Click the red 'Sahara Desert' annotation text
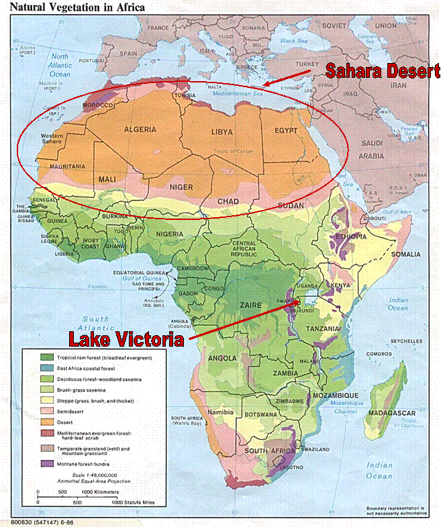point(382,70)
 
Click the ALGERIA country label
point(140,129)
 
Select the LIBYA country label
point(222,132)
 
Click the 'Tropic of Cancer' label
point(228,151)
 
